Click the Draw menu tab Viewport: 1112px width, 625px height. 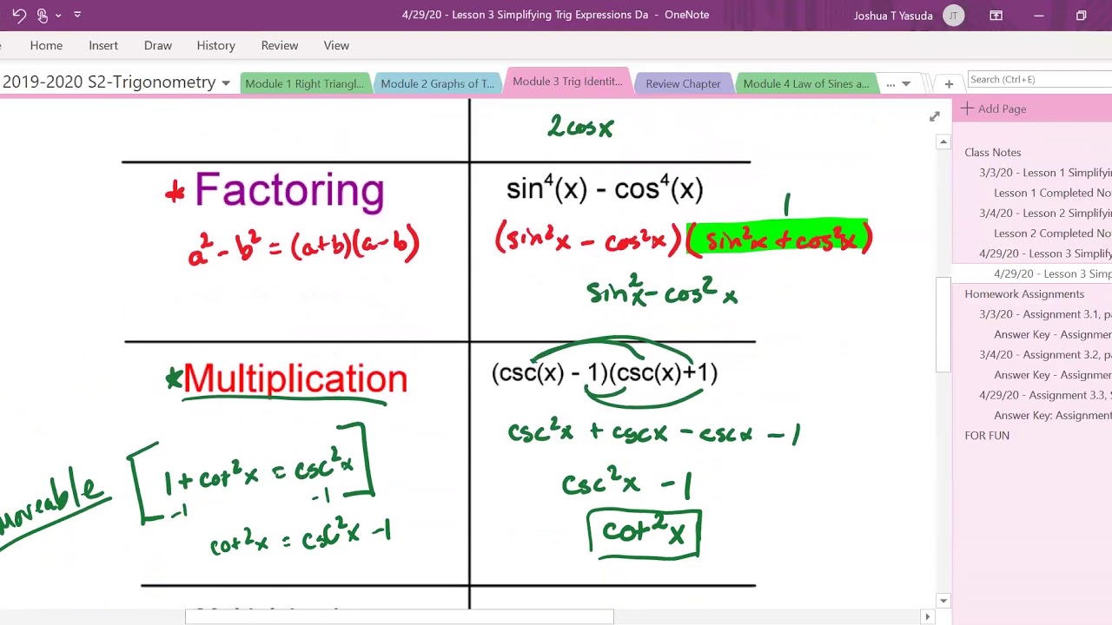click(157, 45)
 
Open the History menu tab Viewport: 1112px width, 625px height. click(215, 45)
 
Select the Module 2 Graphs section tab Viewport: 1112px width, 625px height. click(437, 83)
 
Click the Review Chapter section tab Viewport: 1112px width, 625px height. click(683, 83)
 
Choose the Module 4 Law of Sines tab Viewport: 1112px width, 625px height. click(805, 83)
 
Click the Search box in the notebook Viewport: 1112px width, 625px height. click(1038, 79)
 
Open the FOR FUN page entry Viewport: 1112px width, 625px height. click(987, 435)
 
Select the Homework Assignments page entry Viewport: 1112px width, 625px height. click(1024, 293)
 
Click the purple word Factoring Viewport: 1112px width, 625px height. click(289, 189)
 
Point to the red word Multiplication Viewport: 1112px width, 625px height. click(295, 378)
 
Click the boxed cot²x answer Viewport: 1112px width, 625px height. click(644, 532)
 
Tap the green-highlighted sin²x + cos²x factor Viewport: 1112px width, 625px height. click(780, 238)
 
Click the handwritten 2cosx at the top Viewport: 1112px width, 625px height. click(580, 128)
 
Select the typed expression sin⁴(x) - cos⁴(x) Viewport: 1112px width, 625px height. click(605, 188)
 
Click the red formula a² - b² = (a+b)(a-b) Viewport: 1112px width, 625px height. click(303, 246)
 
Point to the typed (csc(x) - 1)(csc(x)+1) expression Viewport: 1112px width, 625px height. click(605, 373)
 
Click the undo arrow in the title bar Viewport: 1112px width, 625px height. click(19, 15)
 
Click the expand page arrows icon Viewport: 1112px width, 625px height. click(935, 116)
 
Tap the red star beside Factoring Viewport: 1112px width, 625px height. click(175, 193)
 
